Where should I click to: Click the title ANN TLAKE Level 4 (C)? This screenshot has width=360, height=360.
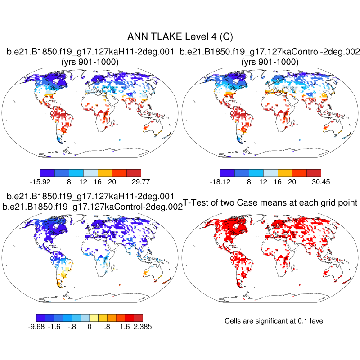tap(180, 36)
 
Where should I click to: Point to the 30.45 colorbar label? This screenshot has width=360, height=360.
tap(320, 181)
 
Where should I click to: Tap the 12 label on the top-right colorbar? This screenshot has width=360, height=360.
tap(263, 181)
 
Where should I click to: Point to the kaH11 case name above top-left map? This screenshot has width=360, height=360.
tap(90, 52)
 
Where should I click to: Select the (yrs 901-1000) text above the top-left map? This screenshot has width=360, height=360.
tap(90, 62)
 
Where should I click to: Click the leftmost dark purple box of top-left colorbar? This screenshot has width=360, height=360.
tap(47, 172)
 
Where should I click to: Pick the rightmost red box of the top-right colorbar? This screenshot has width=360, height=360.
tap(314, 172)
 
